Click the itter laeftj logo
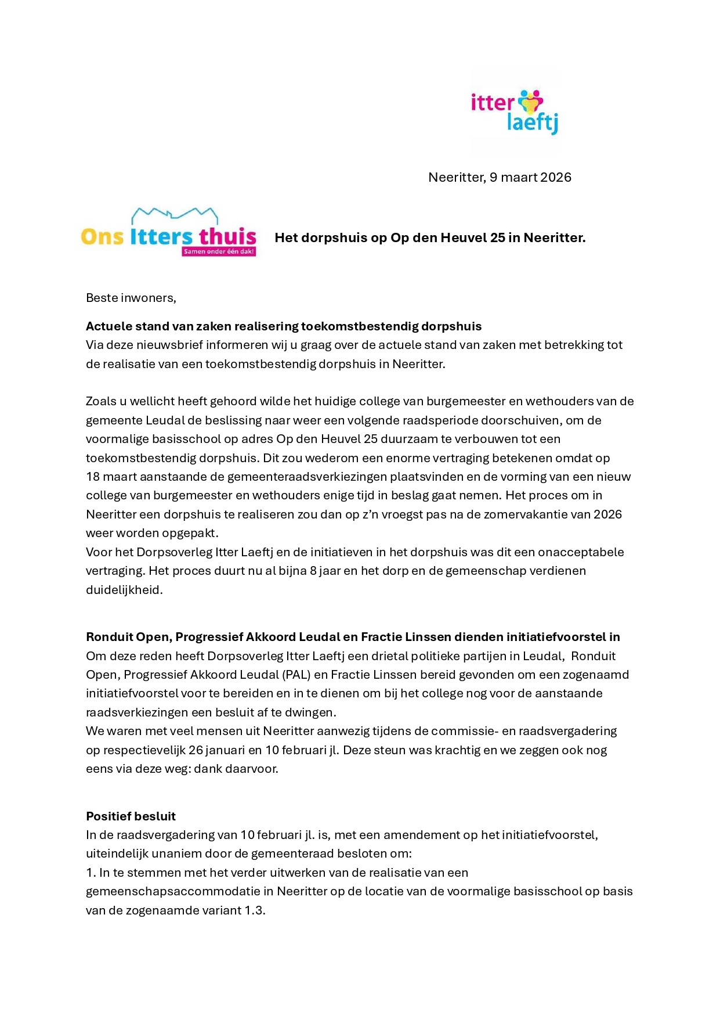click(x=514, y=112)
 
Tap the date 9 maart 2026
click(x=530, y=178)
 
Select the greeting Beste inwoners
click(x=131, y=298)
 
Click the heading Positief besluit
click(x=131, y=816)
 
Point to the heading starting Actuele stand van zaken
click(x=284, y=326)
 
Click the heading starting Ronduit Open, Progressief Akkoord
click(x=353, y=637)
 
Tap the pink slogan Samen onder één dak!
click(x=219, y=252)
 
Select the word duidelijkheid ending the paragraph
click(x=124, y=590)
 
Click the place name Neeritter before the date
click(x=457, y=178)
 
